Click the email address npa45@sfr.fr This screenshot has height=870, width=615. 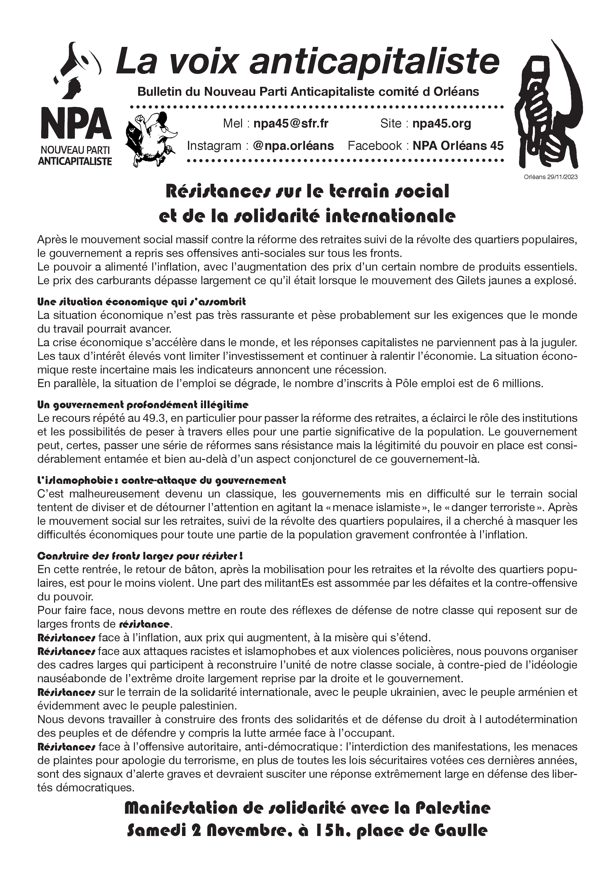coord(291,124)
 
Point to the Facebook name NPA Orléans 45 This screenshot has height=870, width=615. coord(458,146)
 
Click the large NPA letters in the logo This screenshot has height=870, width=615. coord(76,124)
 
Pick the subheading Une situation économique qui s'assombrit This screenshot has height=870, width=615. coord(141,302)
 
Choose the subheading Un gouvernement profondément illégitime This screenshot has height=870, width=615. coord(143,405)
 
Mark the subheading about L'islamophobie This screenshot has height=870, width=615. coord(161,480)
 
